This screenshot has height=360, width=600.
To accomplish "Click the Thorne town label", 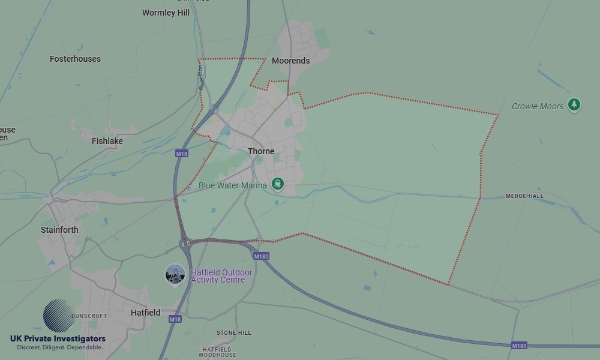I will pyautogui.click(x=261, y=151).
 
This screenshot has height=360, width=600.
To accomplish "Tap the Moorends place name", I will pyautogui.click(x=290, y=61).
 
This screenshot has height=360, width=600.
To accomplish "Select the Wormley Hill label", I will pyautogui.click(x=166, y=13).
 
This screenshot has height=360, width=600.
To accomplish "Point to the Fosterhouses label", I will pyautogui.click(x=75, y=59).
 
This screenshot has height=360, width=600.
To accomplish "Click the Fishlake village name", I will pyautogui.click(x=107, y=141).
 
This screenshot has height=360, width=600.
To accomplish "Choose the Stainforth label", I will pyautogui.click(x=59, y=230).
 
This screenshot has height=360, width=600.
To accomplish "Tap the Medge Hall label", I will pyautogui.click(x=524, y=196).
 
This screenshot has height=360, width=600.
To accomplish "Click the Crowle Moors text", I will pyautogui.click(x=538, y=106).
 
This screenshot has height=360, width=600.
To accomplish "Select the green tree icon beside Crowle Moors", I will pyautogui.click(x=574, y=105).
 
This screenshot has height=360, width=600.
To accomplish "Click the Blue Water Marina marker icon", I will pyautogui.click(x=277, y=184).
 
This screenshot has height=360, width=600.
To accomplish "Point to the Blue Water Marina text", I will pyautogui.click(x=233, y=185).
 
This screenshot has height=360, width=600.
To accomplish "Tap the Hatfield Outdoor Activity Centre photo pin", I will pyautogui.click(x=175, y=275).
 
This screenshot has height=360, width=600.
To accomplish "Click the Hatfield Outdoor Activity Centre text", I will pyautogui.click(x=221, y=276).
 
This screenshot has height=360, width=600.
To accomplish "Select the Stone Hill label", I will pyautogui.click(x=234, y=332).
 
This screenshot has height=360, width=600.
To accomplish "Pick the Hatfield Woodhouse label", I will pyautogui.click(x=217, y=352).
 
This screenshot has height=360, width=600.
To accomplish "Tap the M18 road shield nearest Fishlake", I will pyautogui.click(x=182, y=154).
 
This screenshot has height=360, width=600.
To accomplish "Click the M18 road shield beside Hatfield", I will pyautogui.click(x=175, y=319).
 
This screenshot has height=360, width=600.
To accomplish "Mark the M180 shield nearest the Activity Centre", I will pyautogui.click(x=261, y=256).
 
